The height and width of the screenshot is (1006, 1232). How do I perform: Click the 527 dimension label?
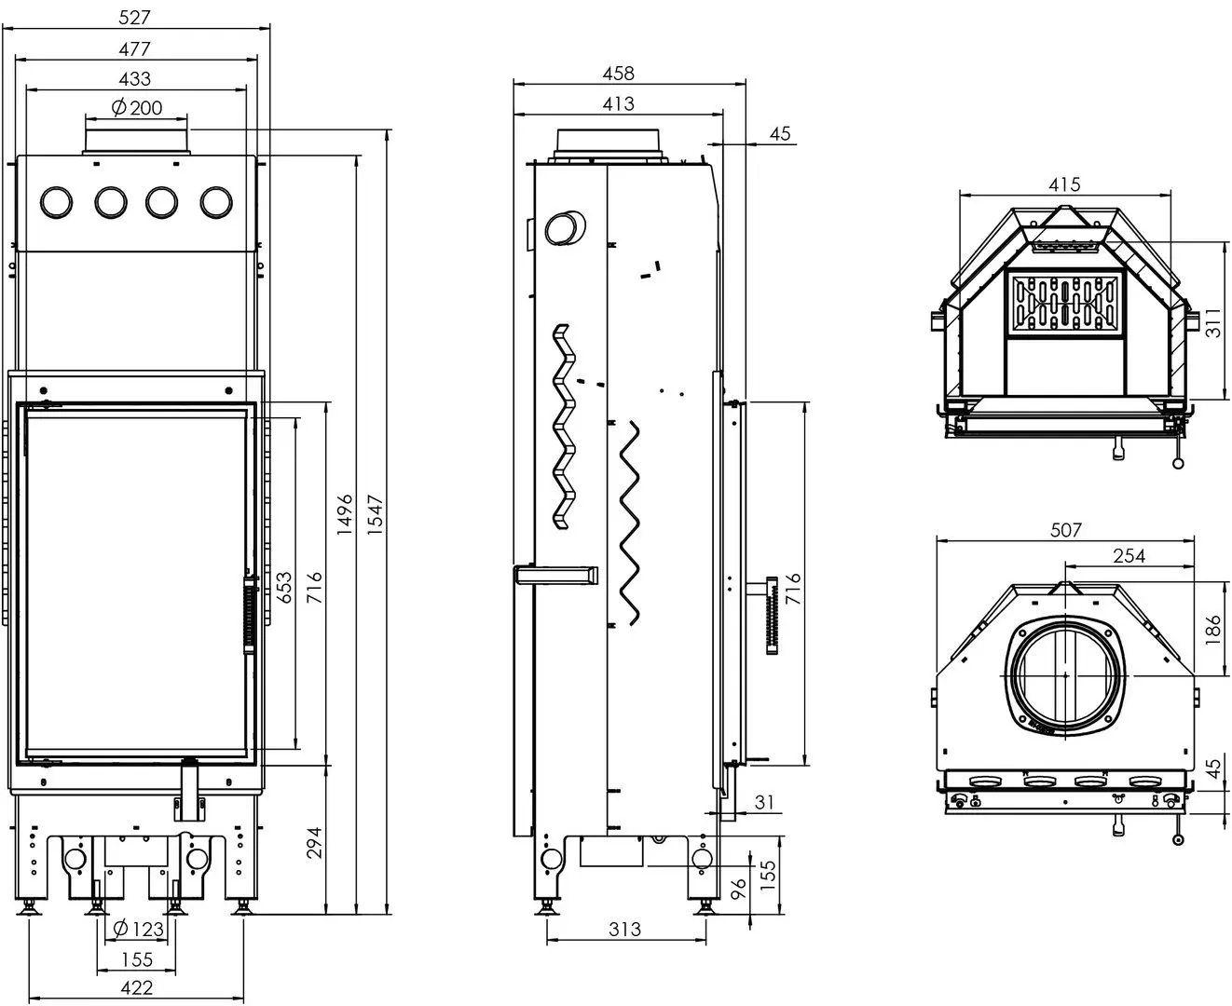(x=135, y=17)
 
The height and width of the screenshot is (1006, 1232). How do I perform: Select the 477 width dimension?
(x=135, y=48)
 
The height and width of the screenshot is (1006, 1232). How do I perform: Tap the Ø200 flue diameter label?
(x=137, y=107)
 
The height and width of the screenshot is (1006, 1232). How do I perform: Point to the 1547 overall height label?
(x=376, y=515)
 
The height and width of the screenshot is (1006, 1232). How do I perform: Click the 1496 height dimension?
(x=346, y=515)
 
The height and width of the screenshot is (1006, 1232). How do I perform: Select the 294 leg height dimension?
(x=314, y=843)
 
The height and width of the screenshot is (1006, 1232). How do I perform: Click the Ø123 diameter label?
(x=138, y=929)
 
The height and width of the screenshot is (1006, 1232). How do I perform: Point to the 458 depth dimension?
(x=619, y=73)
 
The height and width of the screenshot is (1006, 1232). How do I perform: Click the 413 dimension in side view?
(x=619, y=103)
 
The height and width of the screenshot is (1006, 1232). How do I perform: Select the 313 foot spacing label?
(x=625, y=929)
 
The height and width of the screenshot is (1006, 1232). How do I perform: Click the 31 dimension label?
(x=764, y=801)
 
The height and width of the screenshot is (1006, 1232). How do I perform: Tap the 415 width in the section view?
(x=1064, y=184)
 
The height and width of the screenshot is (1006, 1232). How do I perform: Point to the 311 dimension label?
(x=1211, y=321)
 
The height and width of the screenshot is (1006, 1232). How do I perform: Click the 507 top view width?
(x=1065, y=530)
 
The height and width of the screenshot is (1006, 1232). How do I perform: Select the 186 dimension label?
(x=1211, y=631)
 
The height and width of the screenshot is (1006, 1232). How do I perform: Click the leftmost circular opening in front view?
(x=57, y=201)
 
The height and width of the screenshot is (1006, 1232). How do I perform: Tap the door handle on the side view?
(x=771, y=617)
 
